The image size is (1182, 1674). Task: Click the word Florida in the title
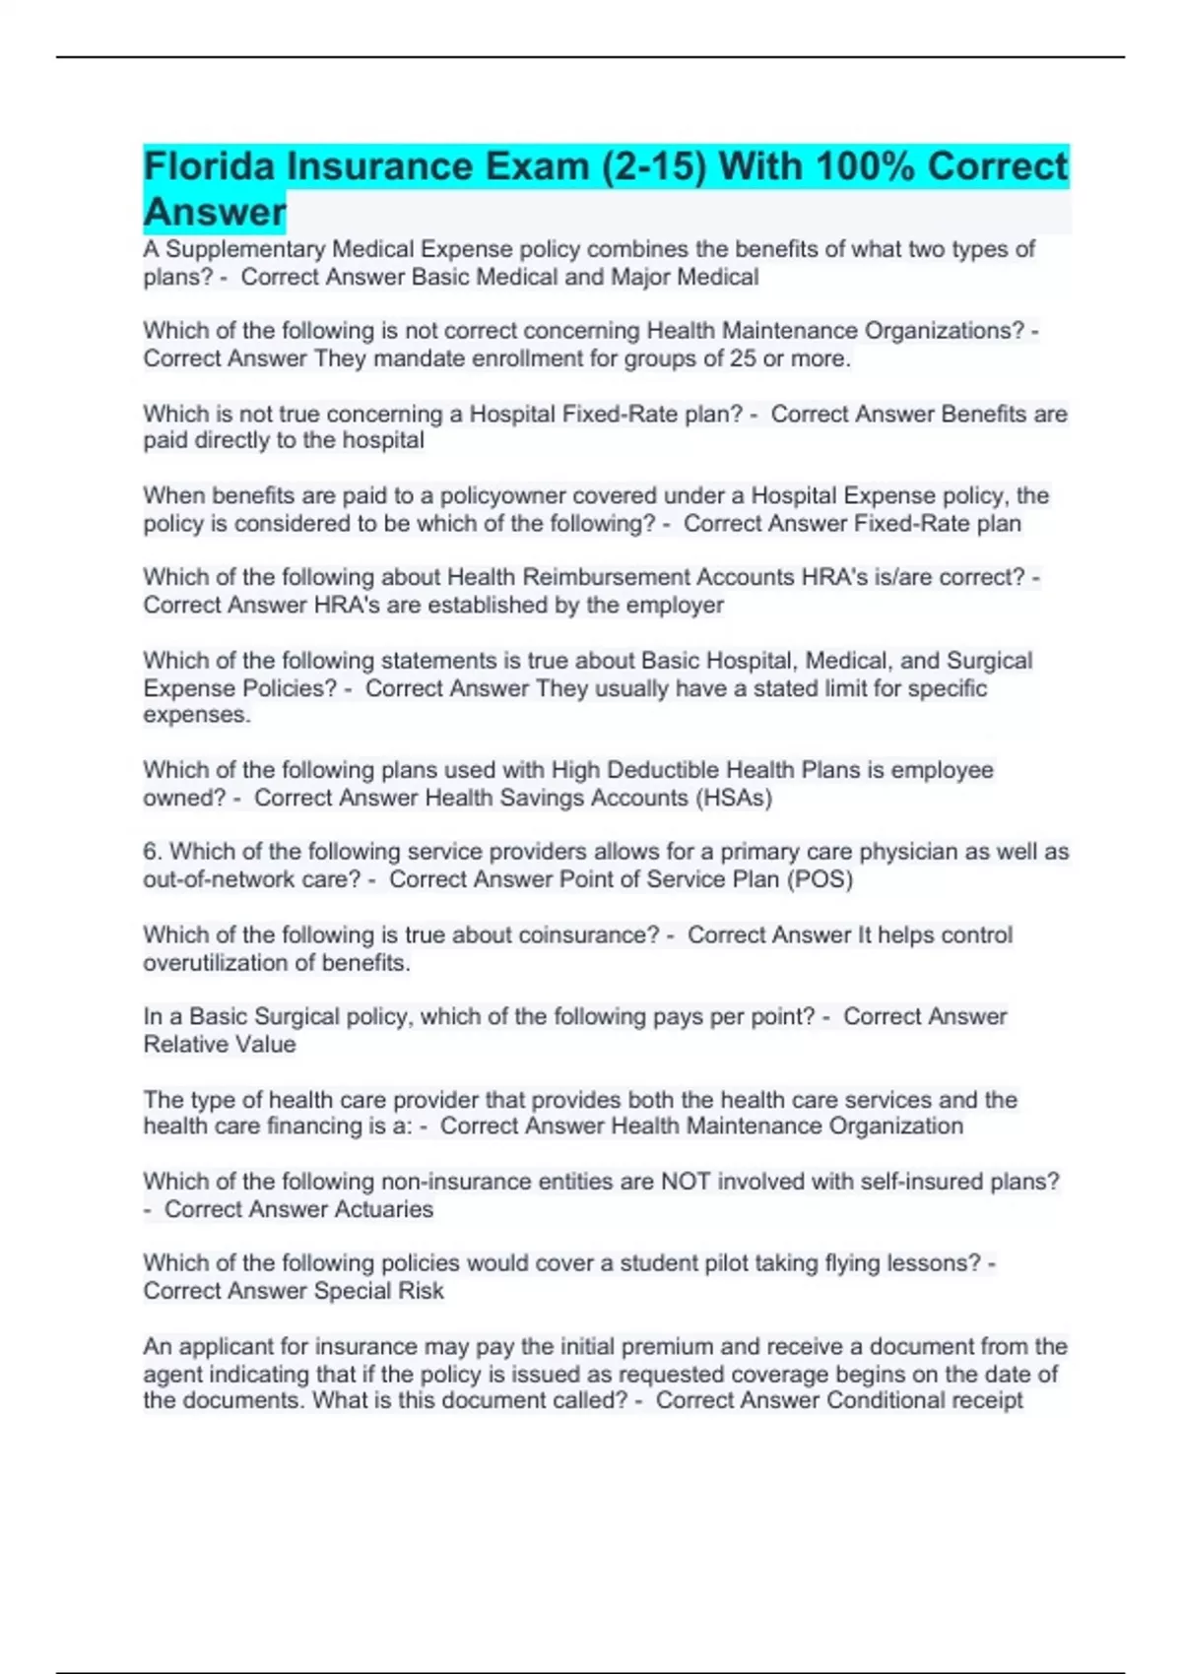point(209,166)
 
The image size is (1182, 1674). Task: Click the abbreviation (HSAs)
point(734,798)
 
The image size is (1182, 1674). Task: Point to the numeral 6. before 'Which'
point(153,852)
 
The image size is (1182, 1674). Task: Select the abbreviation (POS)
point(820,879)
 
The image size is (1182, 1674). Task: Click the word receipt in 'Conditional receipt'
point(984,1400)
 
